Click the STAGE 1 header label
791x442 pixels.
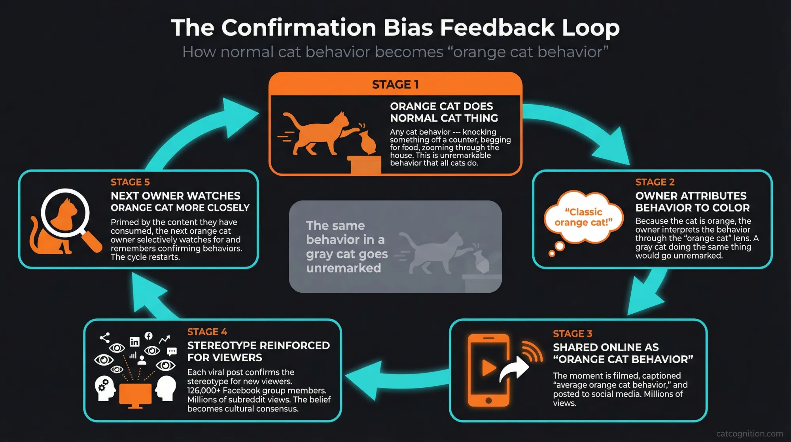pyautogui.click(x=395, y=84)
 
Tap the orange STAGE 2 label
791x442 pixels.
pyautogui.click(x=655, y=182)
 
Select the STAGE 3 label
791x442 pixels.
pyautogui.click(x=572, y=333)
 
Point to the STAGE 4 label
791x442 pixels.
pyautogui.click(x=207, y=331)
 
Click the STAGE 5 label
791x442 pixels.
pyautogui.click(x=130, y=182)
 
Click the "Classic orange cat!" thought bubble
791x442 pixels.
pyautogui.click(x=583, y=217)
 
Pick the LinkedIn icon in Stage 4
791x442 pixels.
pyautogui.click(x=134, y=341)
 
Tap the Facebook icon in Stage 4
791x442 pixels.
pyautogui.click(x=148, y=336)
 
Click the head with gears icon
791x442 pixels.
pyautogui.click(x=104, y=387)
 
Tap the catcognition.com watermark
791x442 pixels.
pyautogui.click(x=749, y=434)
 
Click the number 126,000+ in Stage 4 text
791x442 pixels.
pyautogui.click(x=204, y=391)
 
